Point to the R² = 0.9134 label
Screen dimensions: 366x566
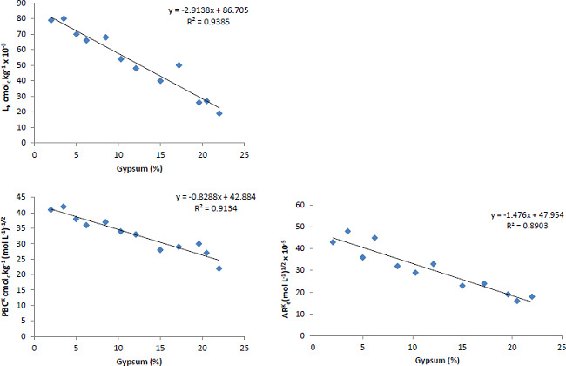(x=198, y=209)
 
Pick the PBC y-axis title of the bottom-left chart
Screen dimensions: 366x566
(x=8, y=270)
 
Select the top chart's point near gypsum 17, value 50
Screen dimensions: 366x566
(x=179, y=64)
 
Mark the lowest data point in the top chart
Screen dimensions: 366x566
(x=219, y=113)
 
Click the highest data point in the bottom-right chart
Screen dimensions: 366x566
(x=347, y=231)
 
